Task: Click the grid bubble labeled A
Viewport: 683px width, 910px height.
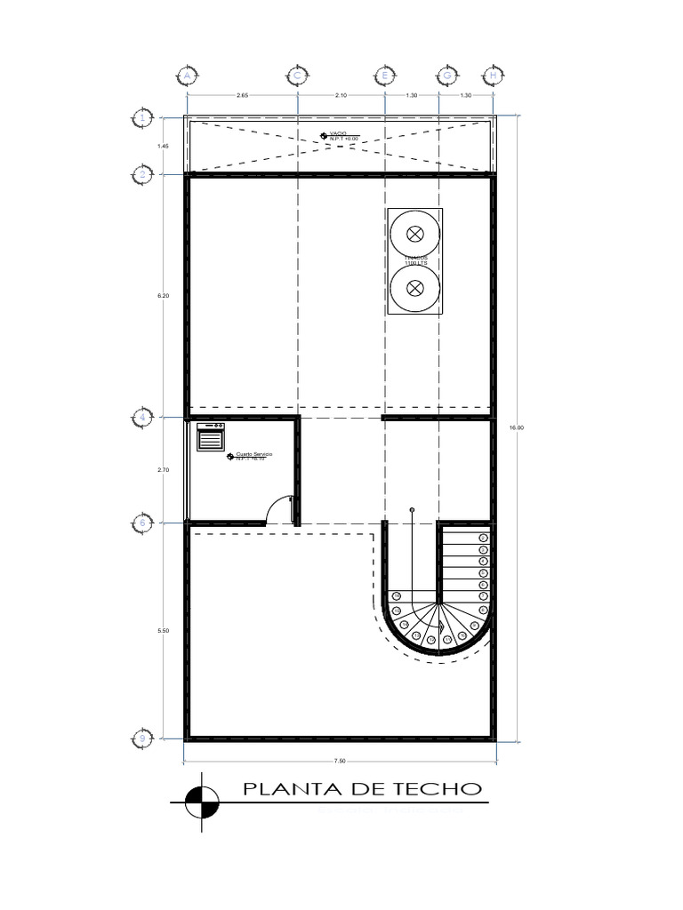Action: (188, 76)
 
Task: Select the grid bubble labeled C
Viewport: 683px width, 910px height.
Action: (296, 76)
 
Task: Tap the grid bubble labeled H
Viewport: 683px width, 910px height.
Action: (494, 76)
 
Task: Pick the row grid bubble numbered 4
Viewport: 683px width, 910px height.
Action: (142, 416)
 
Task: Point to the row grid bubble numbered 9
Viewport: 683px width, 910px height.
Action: (142, 737)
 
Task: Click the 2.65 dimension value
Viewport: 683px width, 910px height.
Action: (242, 95)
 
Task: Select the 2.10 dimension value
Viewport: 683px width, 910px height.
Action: (341, 95)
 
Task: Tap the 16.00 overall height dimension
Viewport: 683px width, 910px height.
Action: (517, 427)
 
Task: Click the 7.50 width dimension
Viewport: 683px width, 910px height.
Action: (340, 761)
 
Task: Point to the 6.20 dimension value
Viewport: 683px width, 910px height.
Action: (163, 296)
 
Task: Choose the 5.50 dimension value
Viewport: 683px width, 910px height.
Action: (163, 630)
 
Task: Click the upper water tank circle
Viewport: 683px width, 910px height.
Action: (414, 234)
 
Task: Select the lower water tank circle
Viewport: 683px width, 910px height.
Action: (414, 287)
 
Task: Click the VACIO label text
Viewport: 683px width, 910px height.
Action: (338, 132)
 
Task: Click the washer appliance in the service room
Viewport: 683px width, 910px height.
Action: (211, 437)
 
